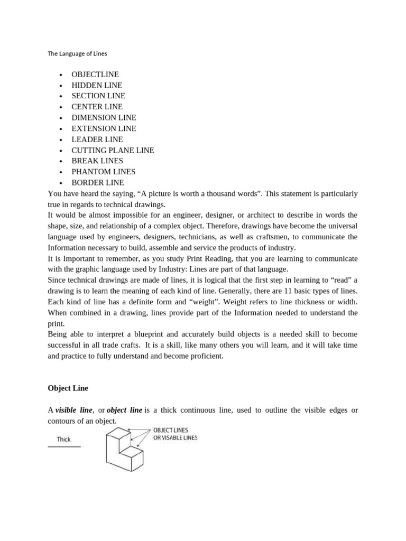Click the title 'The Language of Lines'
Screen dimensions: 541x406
click(77, 53)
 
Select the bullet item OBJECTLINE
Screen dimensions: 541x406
click(95, 74)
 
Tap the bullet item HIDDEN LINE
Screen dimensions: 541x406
click(97, 85)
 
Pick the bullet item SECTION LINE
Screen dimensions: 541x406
click(98, 96)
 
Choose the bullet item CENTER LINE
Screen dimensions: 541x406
click(97, 107)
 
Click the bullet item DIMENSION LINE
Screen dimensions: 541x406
click(104, 117)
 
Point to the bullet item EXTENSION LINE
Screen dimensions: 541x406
click(104, 128)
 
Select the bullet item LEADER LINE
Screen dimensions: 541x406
click(97, 139)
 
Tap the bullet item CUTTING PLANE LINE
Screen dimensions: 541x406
click(113, 150)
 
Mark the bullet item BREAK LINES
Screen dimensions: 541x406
click(97, 161)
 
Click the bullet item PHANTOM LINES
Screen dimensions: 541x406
click(104, 172)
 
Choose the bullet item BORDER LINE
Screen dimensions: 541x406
click(98, 182)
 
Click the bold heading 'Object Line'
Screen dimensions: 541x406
click(68, 388)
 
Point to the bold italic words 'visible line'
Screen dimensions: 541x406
click(74, 410)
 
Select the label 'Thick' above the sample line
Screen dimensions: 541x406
click(64, 439)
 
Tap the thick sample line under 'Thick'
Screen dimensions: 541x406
click(64, 447)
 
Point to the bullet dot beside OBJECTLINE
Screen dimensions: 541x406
click(61, 75)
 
